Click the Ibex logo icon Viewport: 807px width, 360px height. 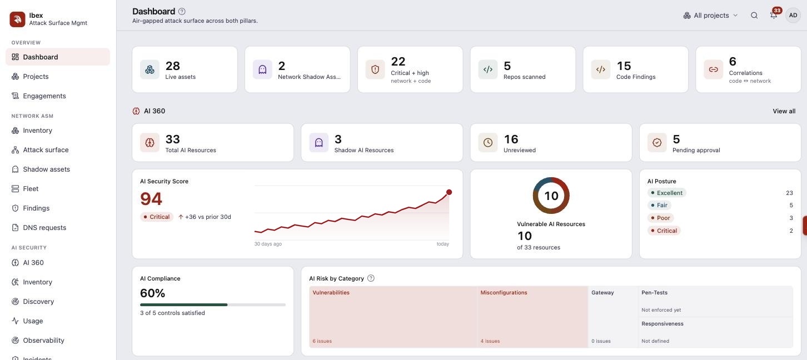(x=17, y=19)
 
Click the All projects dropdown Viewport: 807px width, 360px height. (x=710, y=16)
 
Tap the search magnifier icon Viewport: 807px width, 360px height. (x=754, y=16)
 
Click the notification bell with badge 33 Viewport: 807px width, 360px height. (x=774, y=15)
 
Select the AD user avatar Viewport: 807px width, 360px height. (x=793, y=16)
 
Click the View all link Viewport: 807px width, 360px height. (x=784, y=111)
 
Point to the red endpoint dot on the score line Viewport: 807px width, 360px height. (x=449, y=192)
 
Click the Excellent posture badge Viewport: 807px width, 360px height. (x=667, y=193)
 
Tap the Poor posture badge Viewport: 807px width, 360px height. (x=661, y=218)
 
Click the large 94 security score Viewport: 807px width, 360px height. (x=151, y=199)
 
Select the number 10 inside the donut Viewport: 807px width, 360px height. (x=551, y=196)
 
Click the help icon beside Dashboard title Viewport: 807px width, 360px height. (x=182, y=12)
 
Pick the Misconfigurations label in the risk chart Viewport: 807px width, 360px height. (x=504, y=293)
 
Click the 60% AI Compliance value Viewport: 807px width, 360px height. (x=152, y=293)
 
